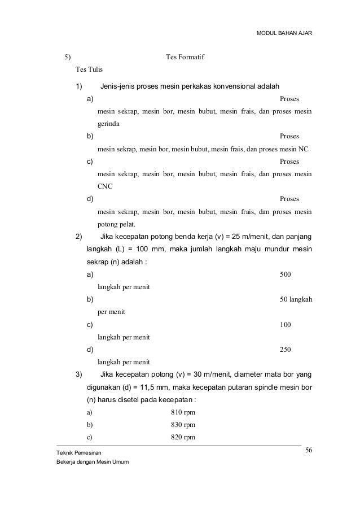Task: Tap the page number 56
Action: [309, 450]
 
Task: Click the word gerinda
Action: [109, 124]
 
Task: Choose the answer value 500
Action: [286, 274]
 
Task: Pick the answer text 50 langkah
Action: [296, 299]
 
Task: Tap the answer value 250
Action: [286, 350]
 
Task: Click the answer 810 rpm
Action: [183, 412]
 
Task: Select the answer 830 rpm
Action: [183, 425]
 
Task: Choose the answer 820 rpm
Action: [183, 437]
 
